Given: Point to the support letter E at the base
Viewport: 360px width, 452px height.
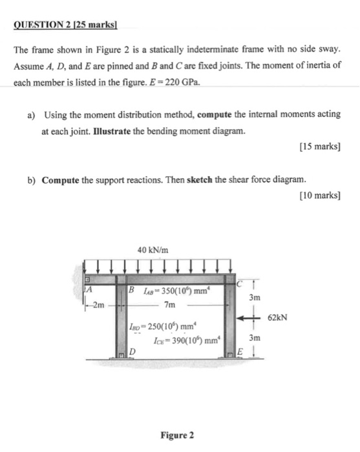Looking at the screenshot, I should [238, 351].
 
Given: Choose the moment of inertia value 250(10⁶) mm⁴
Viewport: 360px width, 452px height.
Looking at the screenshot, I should [159, 327].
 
